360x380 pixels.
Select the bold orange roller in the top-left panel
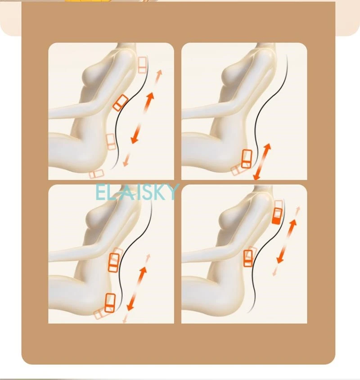(x=120, y=103)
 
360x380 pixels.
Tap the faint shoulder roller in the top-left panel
(x=143, y=65)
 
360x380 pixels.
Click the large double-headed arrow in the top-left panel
(x=142, y=118)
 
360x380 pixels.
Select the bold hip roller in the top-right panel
(x=247, y=158)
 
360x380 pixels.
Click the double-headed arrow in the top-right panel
(x=262, y=161)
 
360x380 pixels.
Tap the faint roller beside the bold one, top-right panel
(x=236, y=170)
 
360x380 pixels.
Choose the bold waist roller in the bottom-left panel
(x=114, y=262)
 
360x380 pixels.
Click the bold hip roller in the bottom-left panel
(x=109, y=302)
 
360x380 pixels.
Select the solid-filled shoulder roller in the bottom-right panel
(x=277, y=215)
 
